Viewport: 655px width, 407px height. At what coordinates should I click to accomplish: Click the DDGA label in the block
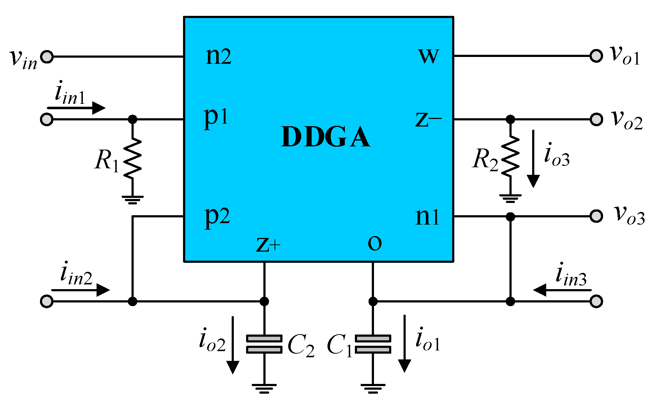[325, 137]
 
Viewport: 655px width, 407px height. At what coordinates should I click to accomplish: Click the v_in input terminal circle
[47, 57]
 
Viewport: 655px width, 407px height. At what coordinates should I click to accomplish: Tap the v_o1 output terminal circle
[596, 56]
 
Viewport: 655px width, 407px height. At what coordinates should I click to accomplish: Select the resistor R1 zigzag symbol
[133, 158]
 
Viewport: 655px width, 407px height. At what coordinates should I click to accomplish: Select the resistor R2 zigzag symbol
[510, 156]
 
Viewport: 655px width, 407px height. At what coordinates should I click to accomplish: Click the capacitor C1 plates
[373, 344]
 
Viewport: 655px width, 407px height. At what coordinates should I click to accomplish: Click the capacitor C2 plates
[264, 344]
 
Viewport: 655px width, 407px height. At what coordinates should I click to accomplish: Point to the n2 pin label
[218, 57]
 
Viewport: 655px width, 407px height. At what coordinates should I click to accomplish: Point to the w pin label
[428, 57]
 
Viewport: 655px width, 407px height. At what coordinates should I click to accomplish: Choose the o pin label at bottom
[375, 243]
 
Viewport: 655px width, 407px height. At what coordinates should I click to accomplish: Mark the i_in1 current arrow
[76, 107]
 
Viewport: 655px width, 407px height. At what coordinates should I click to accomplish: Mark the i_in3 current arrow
[562, 290]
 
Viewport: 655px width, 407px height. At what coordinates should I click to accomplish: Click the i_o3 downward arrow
[533, 159]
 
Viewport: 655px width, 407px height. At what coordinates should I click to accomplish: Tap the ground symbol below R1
[133, 199]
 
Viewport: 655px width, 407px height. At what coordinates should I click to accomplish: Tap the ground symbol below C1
[373, 388]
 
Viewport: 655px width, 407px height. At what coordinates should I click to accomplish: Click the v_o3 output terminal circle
[596, 216]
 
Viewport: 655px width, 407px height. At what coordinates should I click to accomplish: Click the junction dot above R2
[510, 119]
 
